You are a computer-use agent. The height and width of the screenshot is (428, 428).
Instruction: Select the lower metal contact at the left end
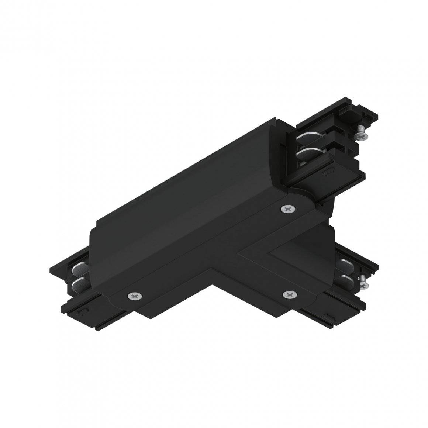[79, 284]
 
